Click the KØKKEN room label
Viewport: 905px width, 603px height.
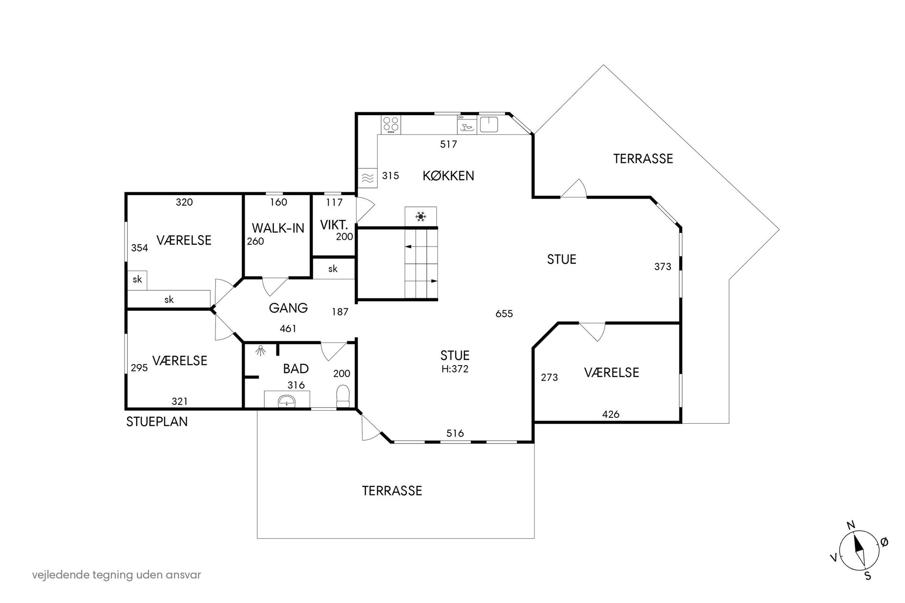[x=448, y=176]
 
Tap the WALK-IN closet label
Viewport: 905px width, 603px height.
[x=278, y=228]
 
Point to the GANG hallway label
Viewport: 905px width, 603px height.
[x=288, y=308]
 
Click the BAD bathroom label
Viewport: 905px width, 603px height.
[x=296, y=368]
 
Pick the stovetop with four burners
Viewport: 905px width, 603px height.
[x=391, y=125]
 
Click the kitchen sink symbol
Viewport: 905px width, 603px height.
[x=488, y=124]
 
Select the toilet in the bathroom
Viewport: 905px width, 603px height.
[x=343, y=396]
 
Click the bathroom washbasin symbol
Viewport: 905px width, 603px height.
[x=287, y=400]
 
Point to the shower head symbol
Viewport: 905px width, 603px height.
[x=260, y=351]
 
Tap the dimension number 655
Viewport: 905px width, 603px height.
[x=504, y=314]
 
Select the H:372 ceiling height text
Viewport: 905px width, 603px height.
[x=455, y=368]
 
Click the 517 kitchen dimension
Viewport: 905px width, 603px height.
[x=448, y=144]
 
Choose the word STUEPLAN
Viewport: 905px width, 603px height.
[x=157, y=422]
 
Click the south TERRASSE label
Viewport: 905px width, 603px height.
[x=392, y=491]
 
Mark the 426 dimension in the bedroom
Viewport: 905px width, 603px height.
[x=611, y=414]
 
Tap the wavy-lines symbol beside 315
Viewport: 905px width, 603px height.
[x=367, y=178]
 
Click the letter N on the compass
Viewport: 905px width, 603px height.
[x=851, y=525]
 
